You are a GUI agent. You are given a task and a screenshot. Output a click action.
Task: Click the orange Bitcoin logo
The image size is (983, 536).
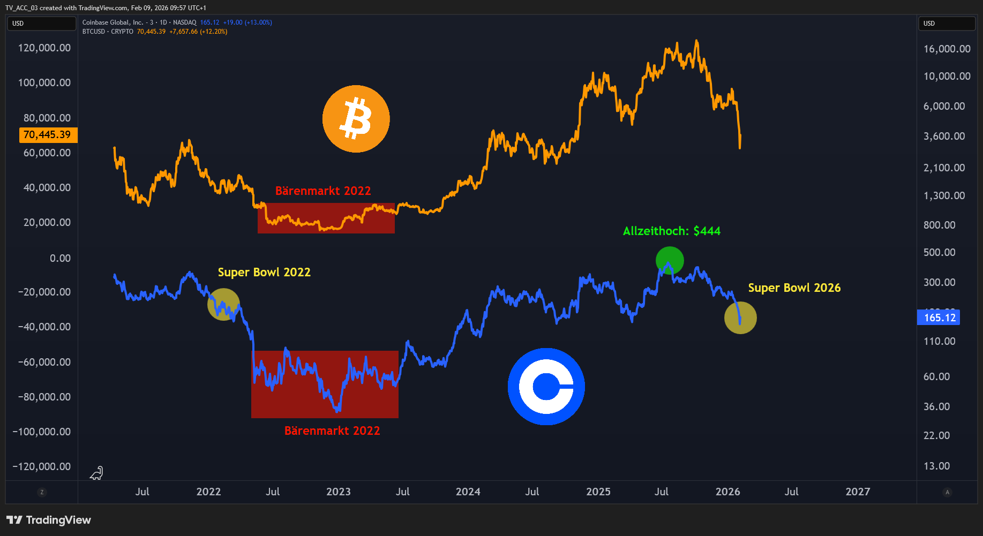[x=356, y=119]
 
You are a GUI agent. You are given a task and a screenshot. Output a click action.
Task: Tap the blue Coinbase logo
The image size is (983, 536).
[x=546, y=387]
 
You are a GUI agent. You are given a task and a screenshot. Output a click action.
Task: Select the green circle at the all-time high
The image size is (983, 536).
[x=670, y=261]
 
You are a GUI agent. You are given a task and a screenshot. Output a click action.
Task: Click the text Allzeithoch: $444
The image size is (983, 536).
[x=672, y=231]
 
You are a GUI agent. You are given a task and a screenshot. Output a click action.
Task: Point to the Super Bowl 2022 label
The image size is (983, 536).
[x=264, y=272]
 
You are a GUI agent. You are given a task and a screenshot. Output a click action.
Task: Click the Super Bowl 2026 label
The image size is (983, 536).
[x=794, y=288]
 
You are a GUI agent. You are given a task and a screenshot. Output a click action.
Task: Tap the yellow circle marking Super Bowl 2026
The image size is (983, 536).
[x=740, y=318]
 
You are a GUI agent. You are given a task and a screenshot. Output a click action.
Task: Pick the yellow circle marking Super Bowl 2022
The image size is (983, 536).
[x=223, y=304]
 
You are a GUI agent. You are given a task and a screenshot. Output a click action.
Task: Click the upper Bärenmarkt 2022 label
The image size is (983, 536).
[x=323, y=191]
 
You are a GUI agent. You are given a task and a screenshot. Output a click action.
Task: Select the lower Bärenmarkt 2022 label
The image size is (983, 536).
[x=332, y=431]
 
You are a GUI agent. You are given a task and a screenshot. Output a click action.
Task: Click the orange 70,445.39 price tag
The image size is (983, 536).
[x=48, y=135]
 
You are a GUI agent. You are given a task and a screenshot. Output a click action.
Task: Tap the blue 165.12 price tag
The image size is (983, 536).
[x=939, y=318]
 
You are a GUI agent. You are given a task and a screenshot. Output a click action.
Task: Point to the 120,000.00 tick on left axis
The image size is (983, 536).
[x=44, y=48]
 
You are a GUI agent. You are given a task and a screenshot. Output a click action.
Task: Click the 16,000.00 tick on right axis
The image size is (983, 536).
[x=947, y=49]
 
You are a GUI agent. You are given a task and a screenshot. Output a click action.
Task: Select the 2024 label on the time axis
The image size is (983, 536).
[x=468, y=492]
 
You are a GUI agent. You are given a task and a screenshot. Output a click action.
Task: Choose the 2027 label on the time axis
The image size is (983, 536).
[x=858, y=492]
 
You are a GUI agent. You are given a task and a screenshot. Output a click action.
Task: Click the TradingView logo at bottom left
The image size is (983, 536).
[x=49, y=520]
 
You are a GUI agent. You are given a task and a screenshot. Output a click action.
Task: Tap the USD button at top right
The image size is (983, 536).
[x=947, y=24]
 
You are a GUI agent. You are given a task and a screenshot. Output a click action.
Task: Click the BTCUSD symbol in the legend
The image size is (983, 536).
[x=94, y=32]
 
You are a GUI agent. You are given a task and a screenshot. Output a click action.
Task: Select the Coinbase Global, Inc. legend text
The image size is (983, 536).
[x=112, y=22]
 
